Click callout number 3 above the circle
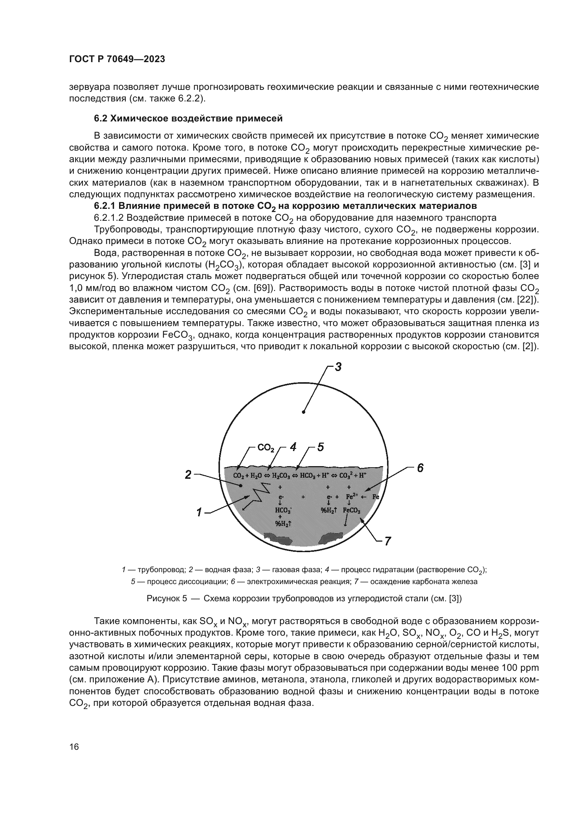[338, 367]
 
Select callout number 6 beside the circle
[420, 468]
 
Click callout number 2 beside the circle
[188, 475]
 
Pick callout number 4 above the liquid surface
[293, 447]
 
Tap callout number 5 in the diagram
[321, 447]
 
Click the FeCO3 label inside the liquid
[352, 510]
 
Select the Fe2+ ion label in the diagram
[352, 497]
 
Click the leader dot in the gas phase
[303, 412]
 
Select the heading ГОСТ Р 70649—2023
[117, 59]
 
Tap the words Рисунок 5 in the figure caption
[167, 598]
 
